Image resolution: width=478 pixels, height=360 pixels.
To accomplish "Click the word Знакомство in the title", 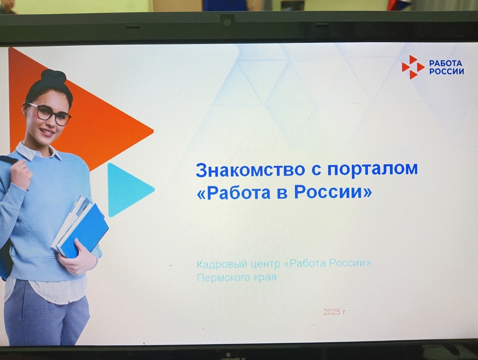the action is pos(250,170).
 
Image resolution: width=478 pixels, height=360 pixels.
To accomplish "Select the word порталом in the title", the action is pos(373,170).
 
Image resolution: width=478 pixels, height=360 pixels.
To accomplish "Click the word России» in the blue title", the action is pos(333,192).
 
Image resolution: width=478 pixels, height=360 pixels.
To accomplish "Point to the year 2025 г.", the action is pos(335,312).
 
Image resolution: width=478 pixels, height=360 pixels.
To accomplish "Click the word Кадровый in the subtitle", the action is pos(222,264).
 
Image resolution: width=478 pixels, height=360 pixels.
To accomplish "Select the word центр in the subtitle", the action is pos(266,264).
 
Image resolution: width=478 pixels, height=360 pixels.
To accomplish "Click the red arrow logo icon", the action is pos(413,67).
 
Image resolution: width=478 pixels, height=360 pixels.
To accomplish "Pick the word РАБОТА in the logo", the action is pos(446,63).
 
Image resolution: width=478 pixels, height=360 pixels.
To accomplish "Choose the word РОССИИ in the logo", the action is pos(447,71).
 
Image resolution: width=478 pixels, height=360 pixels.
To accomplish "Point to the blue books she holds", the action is pos(81,227).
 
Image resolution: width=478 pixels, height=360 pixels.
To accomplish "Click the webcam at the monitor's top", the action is pos(227,22).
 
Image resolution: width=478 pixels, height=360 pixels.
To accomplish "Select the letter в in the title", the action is pos(282,194).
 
